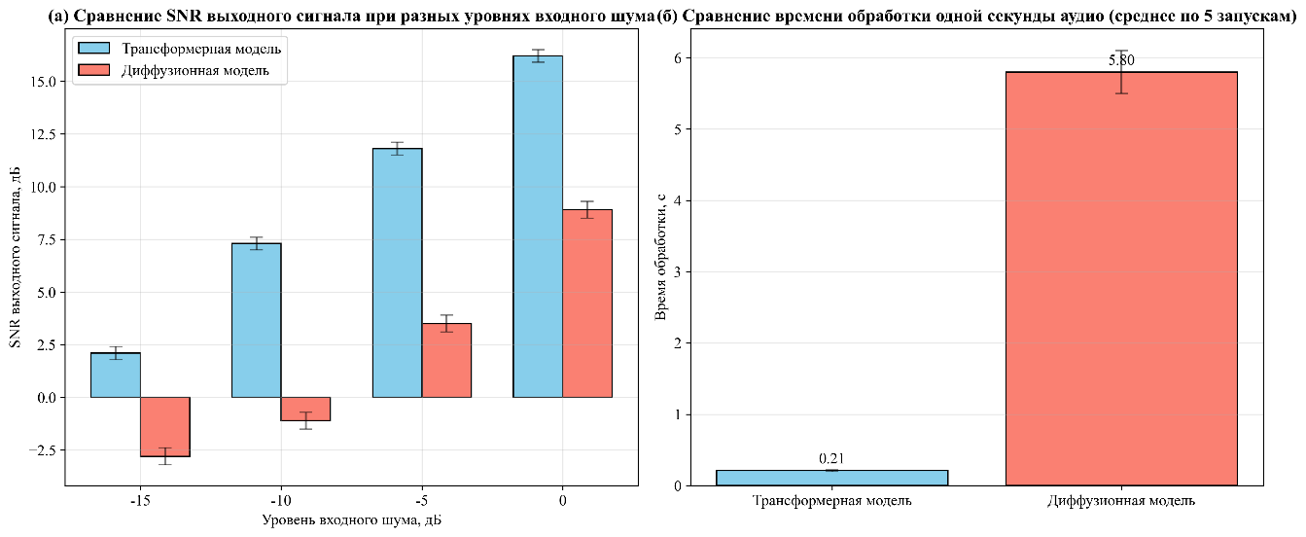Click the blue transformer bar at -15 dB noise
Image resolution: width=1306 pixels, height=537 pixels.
[115, 375]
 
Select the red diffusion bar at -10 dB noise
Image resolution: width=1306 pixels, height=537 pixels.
[305, 409]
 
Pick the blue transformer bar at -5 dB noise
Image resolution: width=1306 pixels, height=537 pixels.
[397, 272]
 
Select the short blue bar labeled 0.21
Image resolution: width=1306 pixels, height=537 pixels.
[831, 478]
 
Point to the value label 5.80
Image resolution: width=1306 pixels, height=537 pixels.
[1121, 60]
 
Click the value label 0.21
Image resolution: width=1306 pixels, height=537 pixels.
[831, 458]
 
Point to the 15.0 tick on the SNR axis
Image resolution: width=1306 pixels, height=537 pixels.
[45, 82]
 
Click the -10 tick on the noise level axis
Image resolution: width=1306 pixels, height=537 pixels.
[281, 501]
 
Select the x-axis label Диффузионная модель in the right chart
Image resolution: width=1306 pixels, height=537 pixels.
[1121, 501]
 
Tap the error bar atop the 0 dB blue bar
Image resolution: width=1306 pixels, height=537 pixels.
[538, 55]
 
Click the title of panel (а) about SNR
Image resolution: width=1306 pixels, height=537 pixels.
[327, 14]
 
